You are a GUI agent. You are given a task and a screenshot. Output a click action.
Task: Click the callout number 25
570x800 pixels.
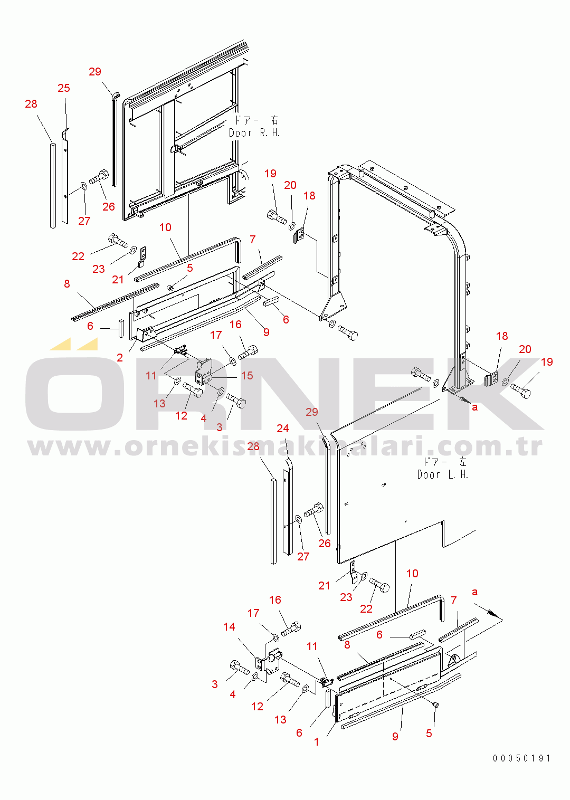point(64,88)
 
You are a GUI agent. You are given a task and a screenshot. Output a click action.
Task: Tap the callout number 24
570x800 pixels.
point(282,428)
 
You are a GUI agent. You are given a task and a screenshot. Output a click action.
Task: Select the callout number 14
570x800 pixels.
point(229,626)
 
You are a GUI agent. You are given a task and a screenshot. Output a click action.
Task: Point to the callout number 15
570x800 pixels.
point(247,375)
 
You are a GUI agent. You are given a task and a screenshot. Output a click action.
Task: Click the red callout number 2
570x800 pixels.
point(120,357)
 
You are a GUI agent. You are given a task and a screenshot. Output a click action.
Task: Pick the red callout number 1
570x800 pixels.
point(316,742)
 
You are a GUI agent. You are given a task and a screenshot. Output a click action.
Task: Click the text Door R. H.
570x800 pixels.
point(254,133)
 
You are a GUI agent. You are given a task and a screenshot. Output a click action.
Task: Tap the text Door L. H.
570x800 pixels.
point(442,474)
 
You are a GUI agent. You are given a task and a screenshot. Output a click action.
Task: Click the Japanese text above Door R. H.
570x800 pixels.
point(256,120)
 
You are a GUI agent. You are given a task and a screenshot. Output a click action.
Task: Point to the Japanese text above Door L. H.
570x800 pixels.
point(444,462)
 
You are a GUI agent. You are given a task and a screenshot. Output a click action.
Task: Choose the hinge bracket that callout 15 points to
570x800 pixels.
point(204,372)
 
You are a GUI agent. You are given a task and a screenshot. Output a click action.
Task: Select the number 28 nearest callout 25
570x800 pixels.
point(31,104)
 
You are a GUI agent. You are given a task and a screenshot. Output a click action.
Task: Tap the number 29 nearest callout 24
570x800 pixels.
point(312,412)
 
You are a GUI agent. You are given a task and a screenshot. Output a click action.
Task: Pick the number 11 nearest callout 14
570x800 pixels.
point(312,646)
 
